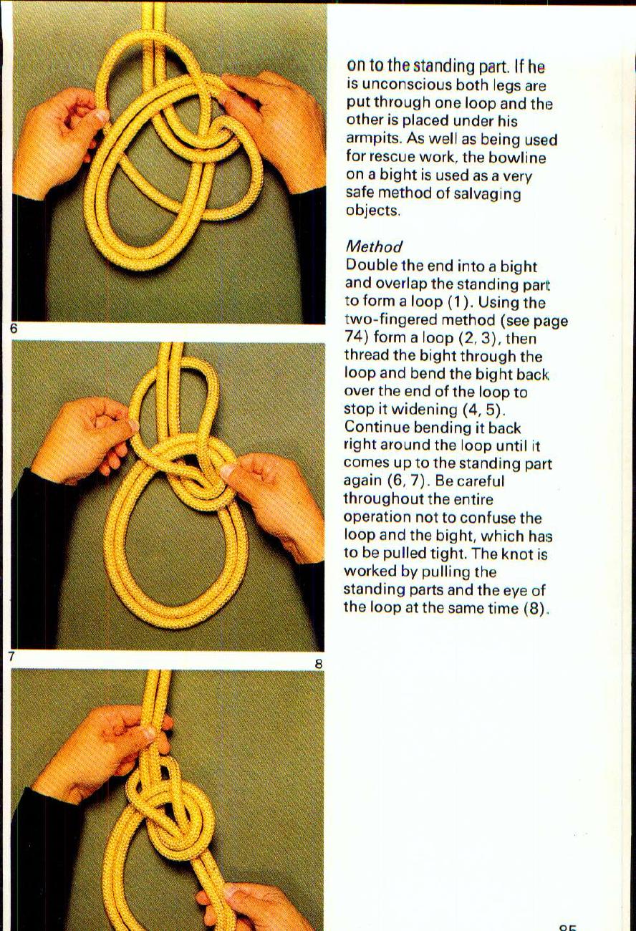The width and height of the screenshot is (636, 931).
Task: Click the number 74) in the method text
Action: coord(356,338)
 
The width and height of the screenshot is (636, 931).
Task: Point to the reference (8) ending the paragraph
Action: coord(534,608)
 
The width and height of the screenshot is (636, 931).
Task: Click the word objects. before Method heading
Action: coord(372,212)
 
